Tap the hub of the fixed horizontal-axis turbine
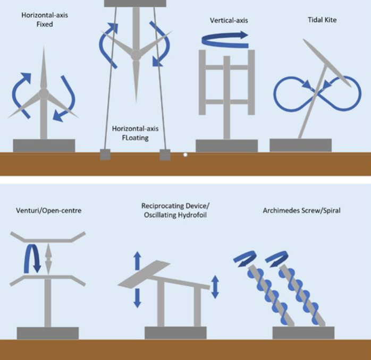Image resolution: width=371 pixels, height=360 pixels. tap(44, 93)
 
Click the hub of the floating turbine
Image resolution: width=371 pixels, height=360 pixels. tap(136, 55)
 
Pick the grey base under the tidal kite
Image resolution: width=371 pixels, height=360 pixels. tap(300, 145)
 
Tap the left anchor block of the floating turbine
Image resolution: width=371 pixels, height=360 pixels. tap(105, 155)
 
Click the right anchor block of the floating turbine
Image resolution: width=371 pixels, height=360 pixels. tap(165, 155)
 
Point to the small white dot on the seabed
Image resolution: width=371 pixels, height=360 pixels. tap(185, 155)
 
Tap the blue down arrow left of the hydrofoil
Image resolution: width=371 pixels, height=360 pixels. tap(137, 296)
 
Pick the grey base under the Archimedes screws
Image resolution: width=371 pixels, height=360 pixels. tap(303, 332)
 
